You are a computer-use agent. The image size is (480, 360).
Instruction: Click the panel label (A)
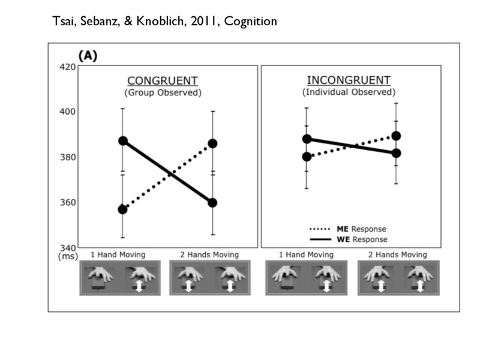click(x=87, y=56)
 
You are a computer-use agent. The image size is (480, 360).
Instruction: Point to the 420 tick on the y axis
click(x=68, y=67)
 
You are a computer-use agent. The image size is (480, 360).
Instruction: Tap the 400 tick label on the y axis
click(x=68, y=112)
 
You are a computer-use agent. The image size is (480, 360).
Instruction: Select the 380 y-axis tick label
click(x=68, y=157)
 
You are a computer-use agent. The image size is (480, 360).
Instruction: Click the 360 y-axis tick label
click(x=68, y=202)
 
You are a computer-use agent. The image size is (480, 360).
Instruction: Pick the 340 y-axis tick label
click(x=68, y=247)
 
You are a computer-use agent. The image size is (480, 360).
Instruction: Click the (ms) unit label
click(x=68, y=256)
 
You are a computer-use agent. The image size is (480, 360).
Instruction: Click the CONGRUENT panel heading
click(x=162, y=81)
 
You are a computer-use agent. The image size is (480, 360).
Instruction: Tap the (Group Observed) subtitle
click(x=162, y=93)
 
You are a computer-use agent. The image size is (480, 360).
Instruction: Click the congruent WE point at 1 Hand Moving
click(x=122, y=141)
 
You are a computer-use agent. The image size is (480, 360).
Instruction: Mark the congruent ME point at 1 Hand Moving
click(x=122, y=209)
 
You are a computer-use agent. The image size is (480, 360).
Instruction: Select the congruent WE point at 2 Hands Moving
click(x=212, y=203)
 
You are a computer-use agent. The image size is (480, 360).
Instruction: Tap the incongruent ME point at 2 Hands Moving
click(x=396, y=136)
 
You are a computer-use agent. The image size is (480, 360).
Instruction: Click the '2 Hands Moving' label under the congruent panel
click(x=209, y=255)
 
